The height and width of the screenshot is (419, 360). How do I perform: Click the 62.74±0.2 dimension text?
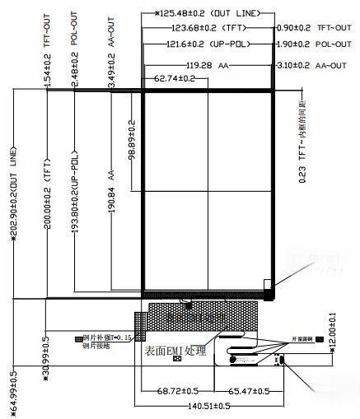point(175,79)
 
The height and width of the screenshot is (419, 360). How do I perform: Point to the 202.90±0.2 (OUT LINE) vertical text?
point(14,194)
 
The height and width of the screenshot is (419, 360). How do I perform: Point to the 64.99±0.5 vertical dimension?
point(14,392)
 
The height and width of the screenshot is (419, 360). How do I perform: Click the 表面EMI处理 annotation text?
point(175,351)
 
